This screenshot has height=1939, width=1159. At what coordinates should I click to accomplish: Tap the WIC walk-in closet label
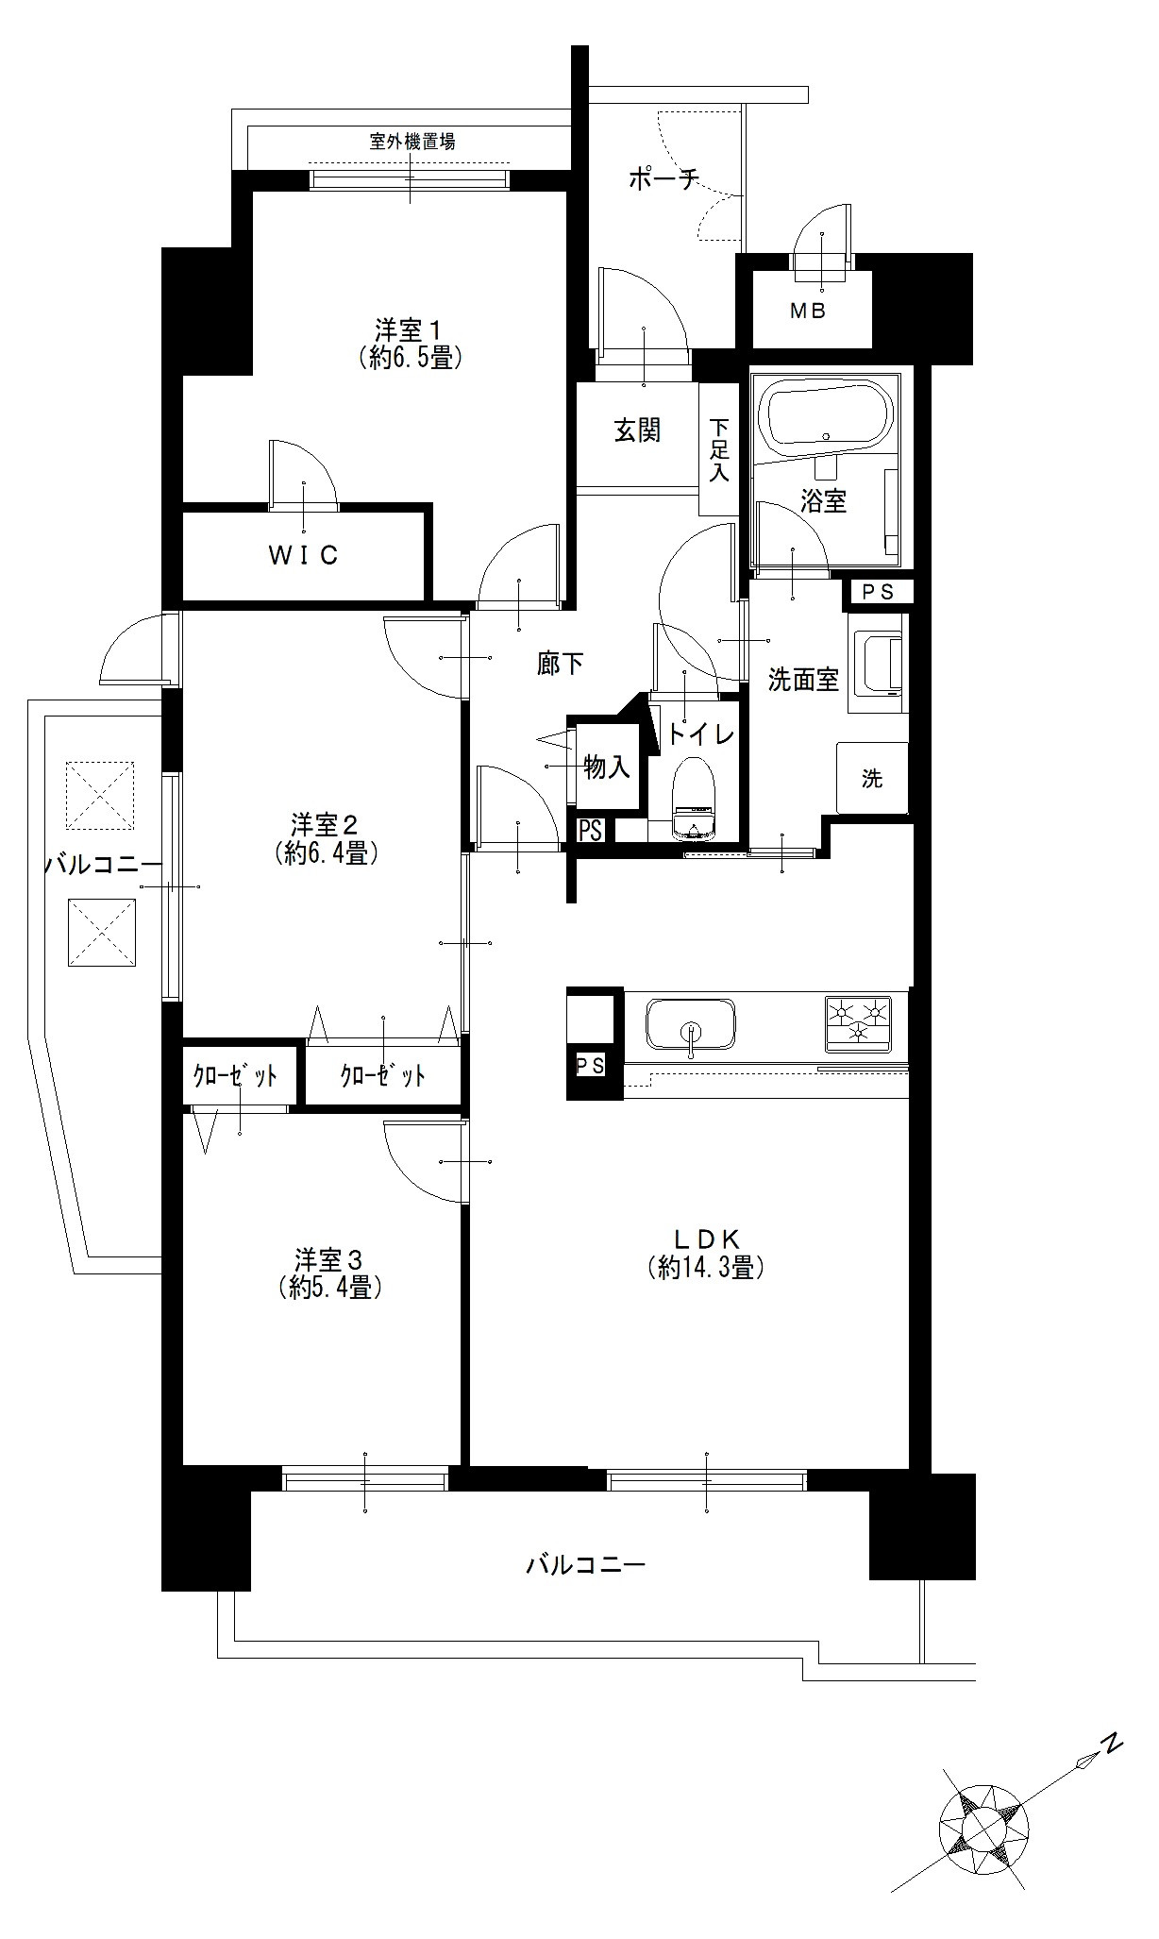(303, 556)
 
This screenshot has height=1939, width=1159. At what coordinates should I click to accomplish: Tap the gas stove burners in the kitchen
(859, 1022)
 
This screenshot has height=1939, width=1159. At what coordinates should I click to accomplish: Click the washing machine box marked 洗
(872, 778)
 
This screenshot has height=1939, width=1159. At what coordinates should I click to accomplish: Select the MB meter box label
(808, 311)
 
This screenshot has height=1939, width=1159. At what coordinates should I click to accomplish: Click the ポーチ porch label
(663, 178)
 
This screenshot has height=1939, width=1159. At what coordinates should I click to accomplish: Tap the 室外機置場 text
(412, 143)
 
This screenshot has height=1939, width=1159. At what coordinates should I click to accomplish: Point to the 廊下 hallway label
(560, 665)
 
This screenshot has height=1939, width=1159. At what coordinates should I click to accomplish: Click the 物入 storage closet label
(607, 767)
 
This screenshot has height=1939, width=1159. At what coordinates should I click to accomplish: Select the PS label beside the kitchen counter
(591, 1066)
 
